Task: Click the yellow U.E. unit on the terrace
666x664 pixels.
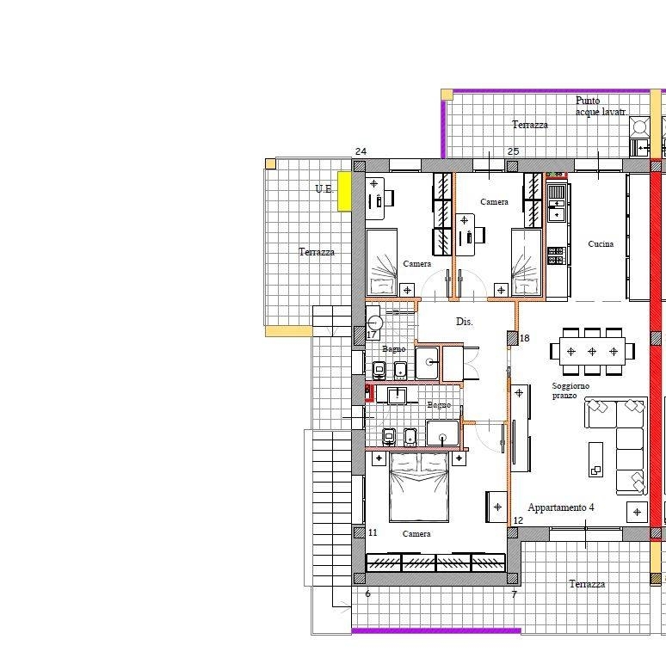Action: coord(344,191)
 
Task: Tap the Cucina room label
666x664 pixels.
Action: coord(601,243)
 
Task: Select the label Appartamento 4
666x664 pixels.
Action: coord(561,507)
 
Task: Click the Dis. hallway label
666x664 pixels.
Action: coord(465,322)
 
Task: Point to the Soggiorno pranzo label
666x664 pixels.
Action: coord(570,390)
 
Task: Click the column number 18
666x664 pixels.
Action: coord(525,338)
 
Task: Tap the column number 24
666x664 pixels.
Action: coord(361,151)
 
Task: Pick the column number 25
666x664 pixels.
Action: coord(513,151)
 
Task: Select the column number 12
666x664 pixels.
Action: coord(518,520)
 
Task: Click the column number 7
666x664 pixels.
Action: coord(515,594)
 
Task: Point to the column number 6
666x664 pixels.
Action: coord(367,594)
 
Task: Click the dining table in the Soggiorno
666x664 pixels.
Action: coord(592,352)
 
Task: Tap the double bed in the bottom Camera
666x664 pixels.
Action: coord(419,487)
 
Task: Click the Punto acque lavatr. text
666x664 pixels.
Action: coord(601,106)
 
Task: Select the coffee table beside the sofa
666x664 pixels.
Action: coord(595,459)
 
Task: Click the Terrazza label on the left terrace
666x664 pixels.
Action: coord(317,252)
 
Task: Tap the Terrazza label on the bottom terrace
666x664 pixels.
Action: coord(587,584)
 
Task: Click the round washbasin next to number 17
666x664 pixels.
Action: coord(374,323)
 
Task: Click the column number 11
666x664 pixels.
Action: coord(373,532)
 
